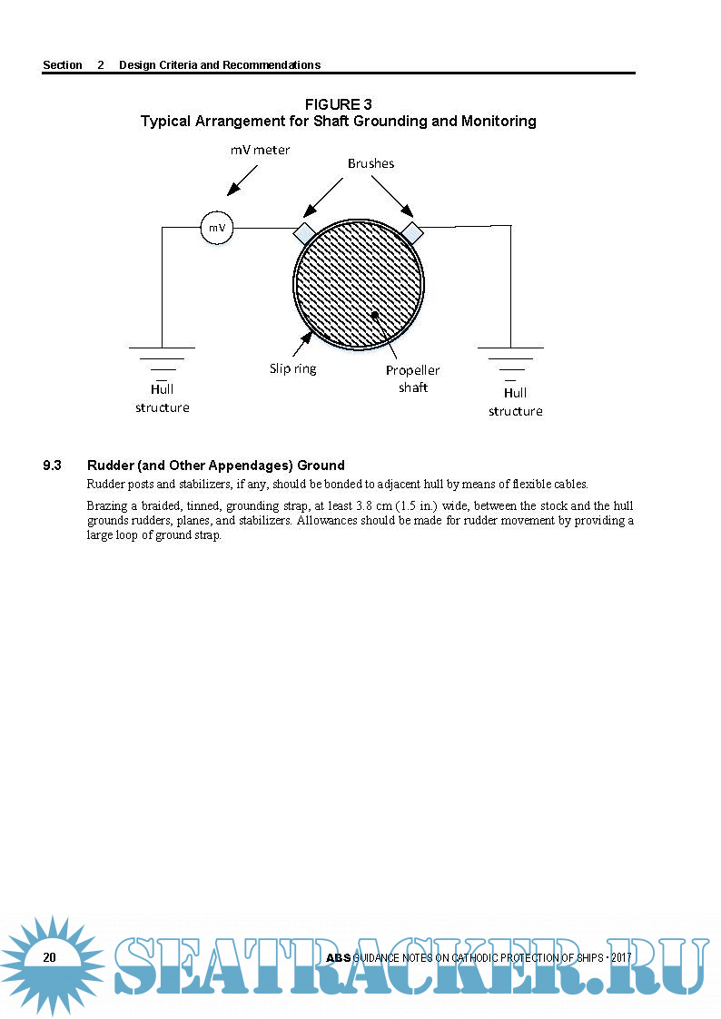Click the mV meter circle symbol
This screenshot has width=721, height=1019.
(217, 228)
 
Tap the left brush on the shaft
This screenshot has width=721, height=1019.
(303, 231)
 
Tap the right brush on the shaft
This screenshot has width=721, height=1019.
(412, 231)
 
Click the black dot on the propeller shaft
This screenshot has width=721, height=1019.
(374, 314)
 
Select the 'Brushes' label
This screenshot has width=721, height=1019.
(370, 164)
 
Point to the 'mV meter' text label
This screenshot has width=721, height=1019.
(260, 150)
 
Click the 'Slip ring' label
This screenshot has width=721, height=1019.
(292, 368)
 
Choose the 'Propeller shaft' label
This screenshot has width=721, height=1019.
(412, 378)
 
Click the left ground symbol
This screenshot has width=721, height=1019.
(162, 359)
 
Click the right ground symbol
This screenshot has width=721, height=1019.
(510, 359)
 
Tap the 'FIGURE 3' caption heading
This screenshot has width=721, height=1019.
(338, 104)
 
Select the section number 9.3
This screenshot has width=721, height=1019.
(53, 465)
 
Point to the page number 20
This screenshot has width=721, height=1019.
(49, 957)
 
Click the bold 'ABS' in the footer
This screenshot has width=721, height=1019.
(338, 958)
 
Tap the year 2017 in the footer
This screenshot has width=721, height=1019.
(621, 958)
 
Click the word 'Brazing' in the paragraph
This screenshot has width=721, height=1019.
(108, 505)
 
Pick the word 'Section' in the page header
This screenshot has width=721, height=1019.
(63, 65)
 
